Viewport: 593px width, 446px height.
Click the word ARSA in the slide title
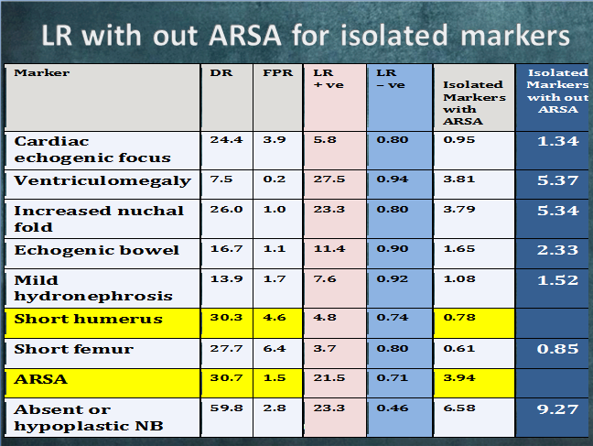click(x=245, y=36)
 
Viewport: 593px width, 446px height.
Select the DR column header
click(x=221, y=72)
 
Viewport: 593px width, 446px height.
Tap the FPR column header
click(x=277, y=72)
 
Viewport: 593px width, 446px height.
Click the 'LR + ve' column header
click(x=329, y=79)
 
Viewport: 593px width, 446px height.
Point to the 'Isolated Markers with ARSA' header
click(x=474, y=103)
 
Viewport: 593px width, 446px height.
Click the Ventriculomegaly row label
click(x=102, y=181)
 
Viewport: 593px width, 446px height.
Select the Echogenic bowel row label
click(x=96, y=250)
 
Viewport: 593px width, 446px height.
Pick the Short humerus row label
click(x=88, y=319)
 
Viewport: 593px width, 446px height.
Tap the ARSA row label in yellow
click(x=41, y=379)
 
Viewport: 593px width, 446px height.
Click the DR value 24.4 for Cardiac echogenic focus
click(x=226, y=140)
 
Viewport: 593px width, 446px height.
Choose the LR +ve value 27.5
click(x=329, y=179)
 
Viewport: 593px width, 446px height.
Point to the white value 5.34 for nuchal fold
click(x=558, y=211)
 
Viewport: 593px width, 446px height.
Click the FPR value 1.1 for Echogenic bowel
click(x=275, y=249)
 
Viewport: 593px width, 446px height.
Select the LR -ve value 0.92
click(x=393, y=279)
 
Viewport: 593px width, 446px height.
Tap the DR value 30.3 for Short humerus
click(x=226, y=317)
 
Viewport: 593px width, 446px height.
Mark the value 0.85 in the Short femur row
click(x=558, y=349)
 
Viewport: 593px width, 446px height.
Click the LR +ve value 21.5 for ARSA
click(x=329, y=378)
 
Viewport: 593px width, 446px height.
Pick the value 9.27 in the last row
click(x=558, y=409)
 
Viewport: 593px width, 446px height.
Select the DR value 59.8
click(x=226, y=408)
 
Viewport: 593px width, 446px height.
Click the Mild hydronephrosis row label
click(x=93, y=288)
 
